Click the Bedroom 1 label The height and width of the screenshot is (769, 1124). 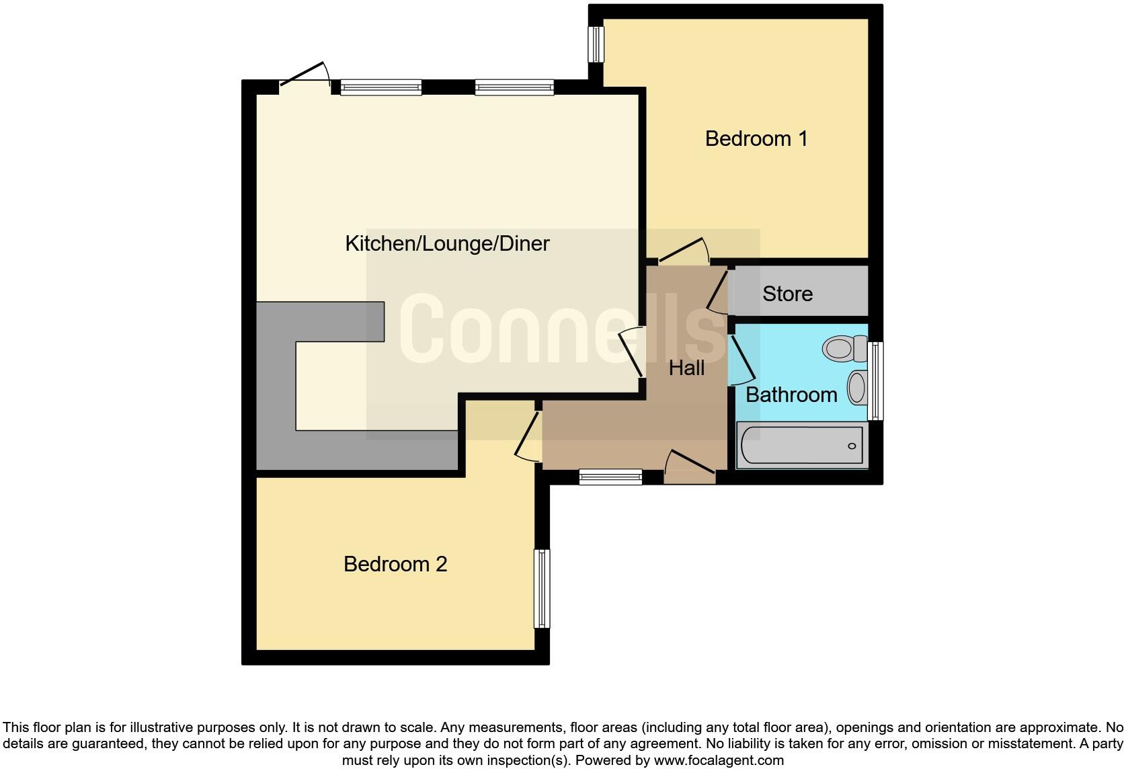pos(756,138)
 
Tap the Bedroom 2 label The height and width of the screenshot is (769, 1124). pos(395,563)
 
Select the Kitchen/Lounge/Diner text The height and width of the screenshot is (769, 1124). pos(447,243)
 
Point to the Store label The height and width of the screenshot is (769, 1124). pos(787,294)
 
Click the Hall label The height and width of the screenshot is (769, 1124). pos(686,368)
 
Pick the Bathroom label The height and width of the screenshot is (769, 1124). pos(791,395)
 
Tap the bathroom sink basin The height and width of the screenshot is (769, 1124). pos(856,387)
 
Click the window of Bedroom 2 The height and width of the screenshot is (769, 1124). pos(542,589)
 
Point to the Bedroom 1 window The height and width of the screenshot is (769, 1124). pos(596,44)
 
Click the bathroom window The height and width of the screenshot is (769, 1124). pos(875,380)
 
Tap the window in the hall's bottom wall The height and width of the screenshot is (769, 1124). pos(610,477)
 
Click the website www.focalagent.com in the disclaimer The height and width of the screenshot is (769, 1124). pos(718,761)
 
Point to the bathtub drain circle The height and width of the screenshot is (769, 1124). pos(852,446)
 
